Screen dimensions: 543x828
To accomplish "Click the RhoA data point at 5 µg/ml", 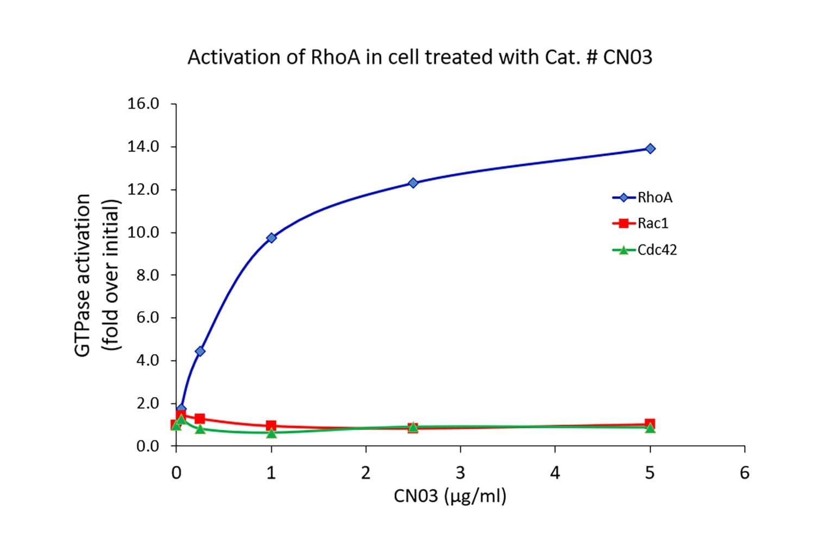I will coord(650,148).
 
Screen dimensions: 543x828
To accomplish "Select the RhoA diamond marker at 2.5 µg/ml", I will coord(413,183).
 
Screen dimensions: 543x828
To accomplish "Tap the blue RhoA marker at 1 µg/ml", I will coord(271,237).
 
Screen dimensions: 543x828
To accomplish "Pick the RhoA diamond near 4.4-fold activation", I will coord(200,351).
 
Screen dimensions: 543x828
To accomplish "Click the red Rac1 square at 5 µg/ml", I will coord(650,424).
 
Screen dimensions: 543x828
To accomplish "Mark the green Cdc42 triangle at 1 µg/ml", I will coord(271,433).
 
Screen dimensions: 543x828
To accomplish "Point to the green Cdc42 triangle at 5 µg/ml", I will coord(650,428).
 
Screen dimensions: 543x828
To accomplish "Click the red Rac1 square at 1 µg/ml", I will coord(271,425).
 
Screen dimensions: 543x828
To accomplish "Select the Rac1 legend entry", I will coord(642,223).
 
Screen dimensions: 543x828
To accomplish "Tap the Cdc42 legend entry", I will coord(645,250).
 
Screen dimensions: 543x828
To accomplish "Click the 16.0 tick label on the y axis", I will coord(143,103).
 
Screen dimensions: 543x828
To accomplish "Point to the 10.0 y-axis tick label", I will coord(143,232).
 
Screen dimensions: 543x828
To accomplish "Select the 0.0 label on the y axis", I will coord(147,446).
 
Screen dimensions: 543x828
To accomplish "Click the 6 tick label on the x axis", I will coord(744,473).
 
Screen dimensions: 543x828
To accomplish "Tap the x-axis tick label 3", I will coord(460,473).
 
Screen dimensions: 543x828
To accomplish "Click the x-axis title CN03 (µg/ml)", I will coord(450,496).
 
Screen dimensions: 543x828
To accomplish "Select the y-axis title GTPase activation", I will coord(82,275).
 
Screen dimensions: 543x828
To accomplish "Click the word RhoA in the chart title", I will coord(335,57).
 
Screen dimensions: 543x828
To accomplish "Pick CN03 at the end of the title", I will coord(628,57).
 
